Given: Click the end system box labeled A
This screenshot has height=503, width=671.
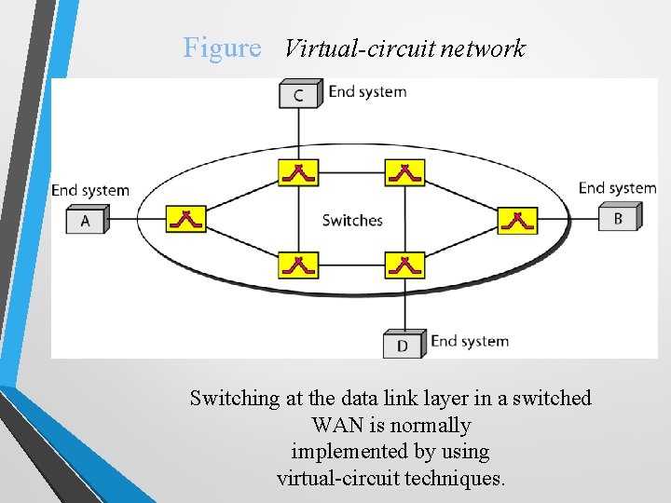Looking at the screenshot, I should (x=86, y=221).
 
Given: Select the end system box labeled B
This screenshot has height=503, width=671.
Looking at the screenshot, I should (x=618, y=219).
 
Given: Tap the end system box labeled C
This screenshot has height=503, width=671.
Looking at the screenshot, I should (x=298, y=94).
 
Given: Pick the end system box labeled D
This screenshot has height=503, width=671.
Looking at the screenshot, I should (x=403, y=345).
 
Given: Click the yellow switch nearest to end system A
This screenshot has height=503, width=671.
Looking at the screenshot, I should (x=186, y=220).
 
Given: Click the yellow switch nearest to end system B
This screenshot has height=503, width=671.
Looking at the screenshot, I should (x=517, y=221).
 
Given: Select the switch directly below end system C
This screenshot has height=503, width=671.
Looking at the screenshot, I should (x=298, y=172).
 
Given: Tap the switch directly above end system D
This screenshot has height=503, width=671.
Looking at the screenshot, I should (x=404, y=265).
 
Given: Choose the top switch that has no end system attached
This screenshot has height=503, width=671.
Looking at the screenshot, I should (x=404, y=172).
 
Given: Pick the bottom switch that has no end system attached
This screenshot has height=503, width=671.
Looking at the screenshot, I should (x=298, y=265).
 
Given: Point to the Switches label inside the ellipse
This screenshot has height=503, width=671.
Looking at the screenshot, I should (x=352, y=221).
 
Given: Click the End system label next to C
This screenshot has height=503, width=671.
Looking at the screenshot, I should (x=367, y=92).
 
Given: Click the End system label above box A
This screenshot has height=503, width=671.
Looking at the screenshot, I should (x=90, y=190).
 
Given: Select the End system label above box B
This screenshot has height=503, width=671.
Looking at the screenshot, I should (x=617, y=188).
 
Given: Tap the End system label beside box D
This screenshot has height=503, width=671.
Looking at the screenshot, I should (x=470, y=341).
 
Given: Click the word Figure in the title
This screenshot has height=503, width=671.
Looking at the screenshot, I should (x=222, y=48).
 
